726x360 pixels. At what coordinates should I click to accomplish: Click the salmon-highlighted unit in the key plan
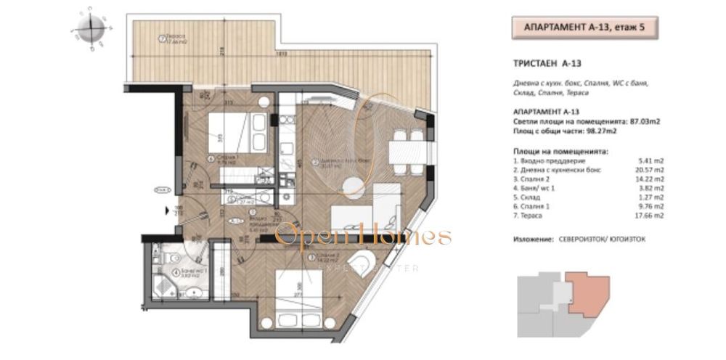click(x=587, y=290)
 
